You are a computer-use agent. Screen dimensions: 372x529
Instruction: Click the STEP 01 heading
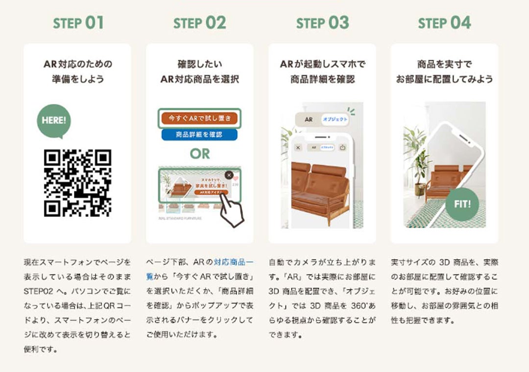tap(78, 23)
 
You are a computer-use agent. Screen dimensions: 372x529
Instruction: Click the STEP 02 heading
tap(200, 23)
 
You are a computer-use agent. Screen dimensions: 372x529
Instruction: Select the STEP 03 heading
tap(322, 23)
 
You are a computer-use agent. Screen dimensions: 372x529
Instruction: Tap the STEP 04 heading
tap(444, 23)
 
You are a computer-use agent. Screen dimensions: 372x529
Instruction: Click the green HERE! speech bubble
tap(53, 120)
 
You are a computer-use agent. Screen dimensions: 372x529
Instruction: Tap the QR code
tap(77, 183)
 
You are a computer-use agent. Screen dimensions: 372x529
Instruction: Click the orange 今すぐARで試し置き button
tap(199, 118)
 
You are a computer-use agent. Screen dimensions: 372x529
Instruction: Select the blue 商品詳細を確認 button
tap(199, 134)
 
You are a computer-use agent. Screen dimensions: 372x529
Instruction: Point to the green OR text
tap(200, 153)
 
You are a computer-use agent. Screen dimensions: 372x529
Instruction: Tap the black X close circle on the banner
tap(229, 175)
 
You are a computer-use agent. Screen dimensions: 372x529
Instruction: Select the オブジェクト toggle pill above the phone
tap(336, 120)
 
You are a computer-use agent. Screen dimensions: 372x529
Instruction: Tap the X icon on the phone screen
tap(298, 147)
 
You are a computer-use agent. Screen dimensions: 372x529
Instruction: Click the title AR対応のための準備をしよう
tap(77, 72)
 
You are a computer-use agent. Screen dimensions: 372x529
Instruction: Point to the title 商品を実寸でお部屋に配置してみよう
tap(444, 72)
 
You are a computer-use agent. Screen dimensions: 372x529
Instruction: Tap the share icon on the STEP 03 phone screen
tap(342, 147)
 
